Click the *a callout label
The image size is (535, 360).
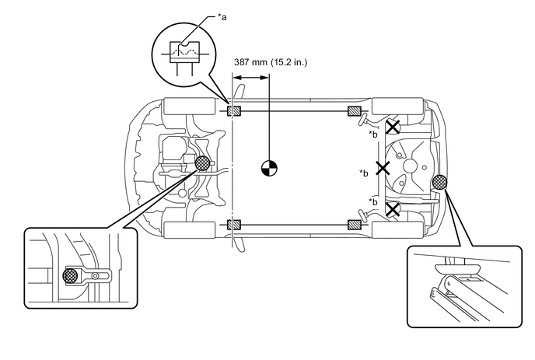[222, 17]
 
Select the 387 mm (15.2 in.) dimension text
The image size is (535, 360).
[271, 62]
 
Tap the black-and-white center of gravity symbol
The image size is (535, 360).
[269, 168]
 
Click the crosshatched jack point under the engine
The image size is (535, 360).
[202, 163]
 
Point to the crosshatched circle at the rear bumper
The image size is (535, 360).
[439, 182]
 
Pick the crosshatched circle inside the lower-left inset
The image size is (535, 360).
[70, 276]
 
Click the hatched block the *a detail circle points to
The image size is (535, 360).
[234, 111]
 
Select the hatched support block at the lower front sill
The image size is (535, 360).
[234, 225]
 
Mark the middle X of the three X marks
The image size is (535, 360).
[383, 168]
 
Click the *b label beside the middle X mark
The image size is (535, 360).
[364, 173]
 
